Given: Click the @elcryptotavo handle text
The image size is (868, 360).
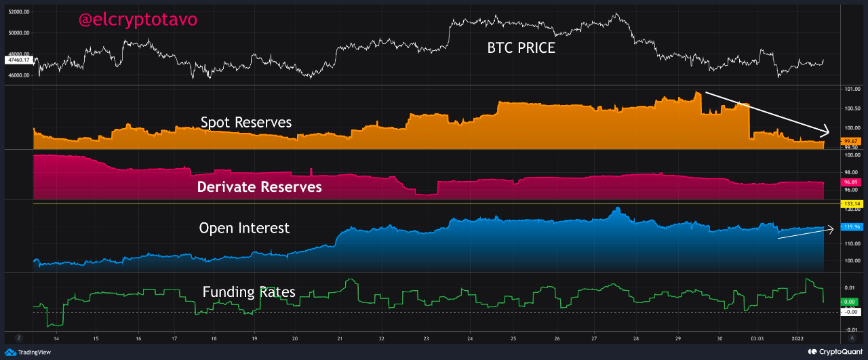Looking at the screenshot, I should click(x=138, y=20).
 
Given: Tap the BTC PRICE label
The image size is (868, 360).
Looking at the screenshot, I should click(x=521, y=47).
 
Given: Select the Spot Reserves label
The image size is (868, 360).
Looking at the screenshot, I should click(x=246, y=123).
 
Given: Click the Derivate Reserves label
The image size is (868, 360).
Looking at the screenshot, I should click(x=259, y=186).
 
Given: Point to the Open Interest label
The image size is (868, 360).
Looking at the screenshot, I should click(x=244, y=228).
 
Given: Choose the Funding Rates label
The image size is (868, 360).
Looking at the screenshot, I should click(x=249, y=292).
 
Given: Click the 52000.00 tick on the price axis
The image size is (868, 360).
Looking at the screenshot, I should click(x=18, y=12).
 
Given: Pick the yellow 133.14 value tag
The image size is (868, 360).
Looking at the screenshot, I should click(x=850, y=203).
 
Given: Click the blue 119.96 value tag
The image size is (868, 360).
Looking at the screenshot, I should click(x=850, y=226).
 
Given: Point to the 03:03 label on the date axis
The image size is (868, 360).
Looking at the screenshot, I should click(x=757, y=337).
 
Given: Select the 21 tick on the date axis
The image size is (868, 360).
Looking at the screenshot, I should click(x=340, y=337).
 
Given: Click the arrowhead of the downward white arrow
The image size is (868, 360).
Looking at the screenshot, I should click(x=827, y=131).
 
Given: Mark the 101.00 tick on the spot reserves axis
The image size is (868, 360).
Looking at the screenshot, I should click(x=852, y=89).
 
